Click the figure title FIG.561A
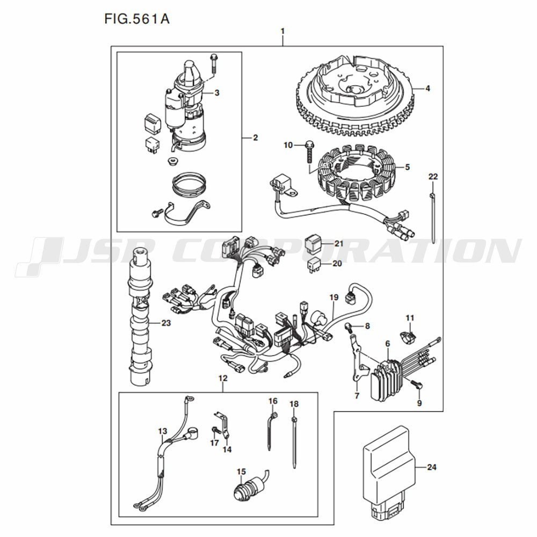point(137,19)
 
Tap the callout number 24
point(431,467)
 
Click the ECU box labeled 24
point(388,467)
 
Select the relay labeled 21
point(313,243)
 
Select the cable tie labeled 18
point(294,440)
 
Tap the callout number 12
point(223,378)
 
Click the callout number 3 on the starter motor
point(216,92)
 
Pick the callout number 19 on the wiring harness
point(333,297)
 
